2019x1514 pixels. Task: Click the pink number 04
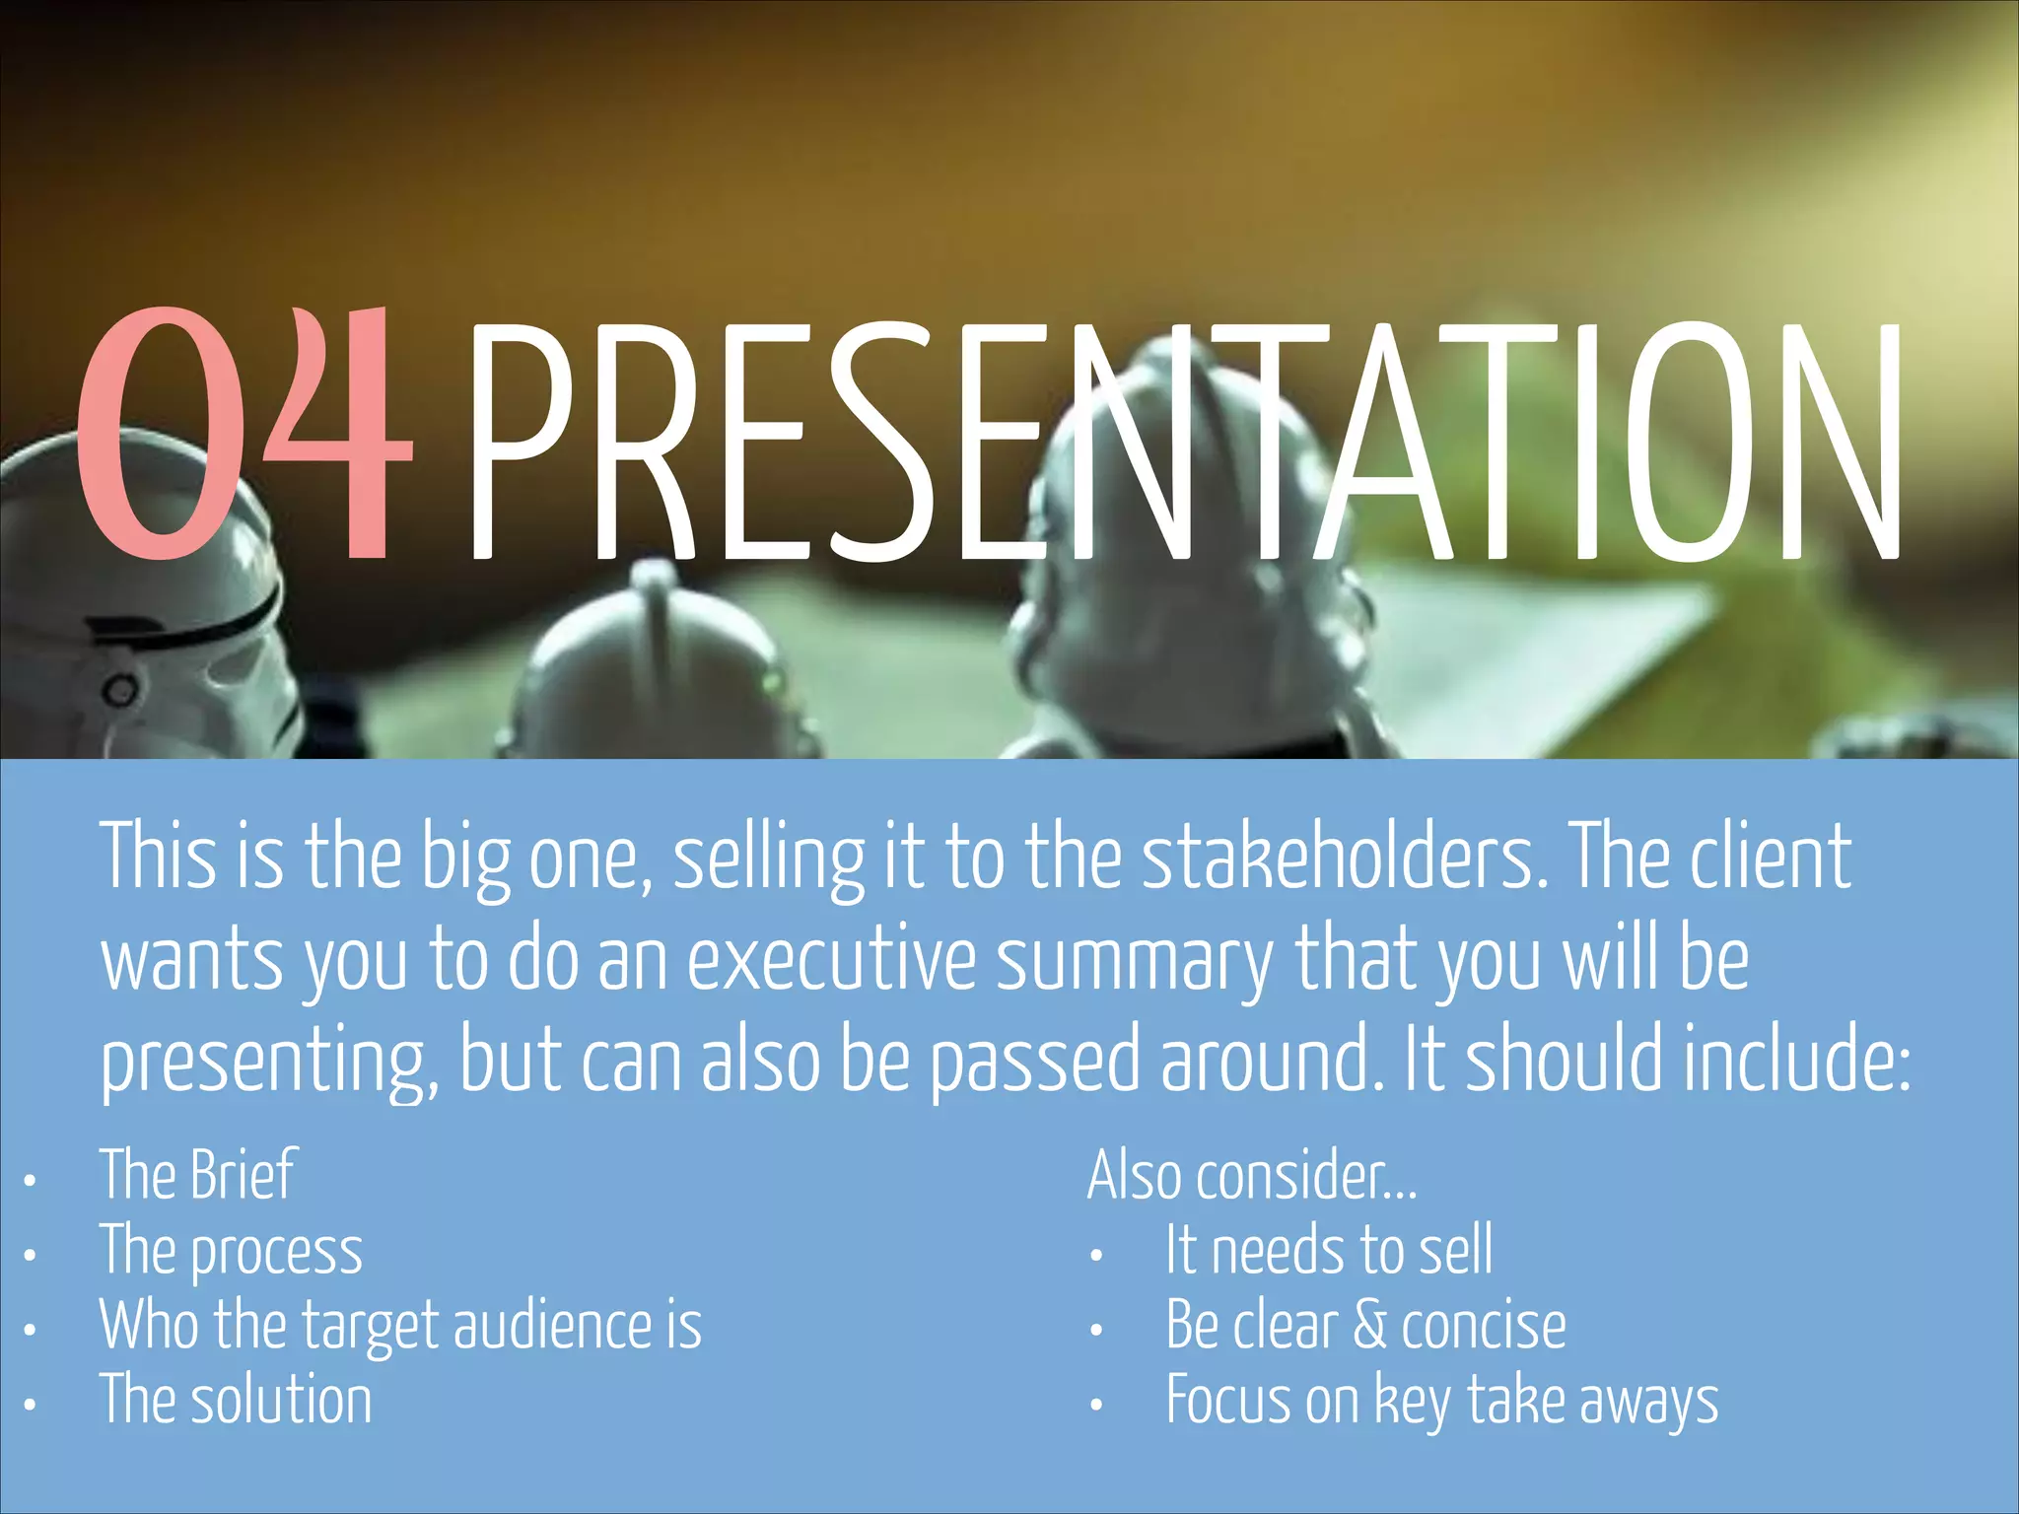242,434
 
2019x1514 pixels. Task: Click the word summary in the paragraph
1135,961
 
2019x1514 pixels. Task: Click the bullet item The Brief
197,1175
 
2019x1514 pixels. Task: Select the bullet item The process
231,1252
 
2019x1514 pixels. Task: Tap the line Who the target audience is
400,1326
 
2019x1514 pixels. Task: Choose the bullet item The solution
237,1400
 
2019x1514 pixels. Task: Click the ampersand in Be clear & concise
1370,1325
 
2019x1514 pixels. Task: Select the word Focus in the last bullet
1227,1400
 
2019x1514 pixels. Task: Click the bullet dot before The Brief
31,1180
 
